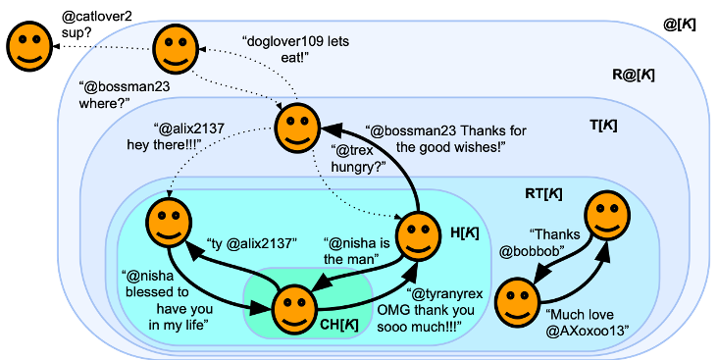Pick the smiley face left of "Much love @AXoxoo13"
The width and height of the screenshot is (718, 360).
coord(517,300)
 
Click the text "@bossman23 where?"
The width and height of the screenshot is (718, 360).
coord(118,96)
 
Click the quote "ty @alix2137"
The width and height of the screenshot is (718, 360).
coord(252,243)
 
